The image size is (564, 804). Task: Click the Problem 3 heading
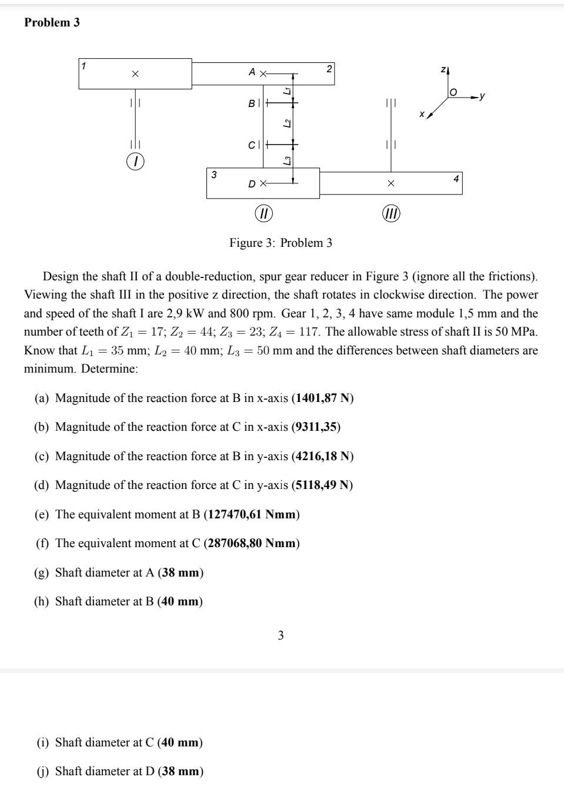tap(52, 22)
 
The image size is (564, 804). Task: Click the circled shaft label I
tap(135, 161)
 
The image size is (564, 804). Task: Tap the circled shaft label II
tap(263, 213)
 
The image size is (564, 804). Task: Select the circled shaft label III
tap(391, 213)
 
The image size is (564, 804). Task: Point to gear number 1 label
tap(84, 66)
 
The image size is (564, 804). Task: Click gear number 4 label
tap(456, 178)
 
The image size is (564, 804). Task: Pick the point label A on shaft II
tap(252, 72)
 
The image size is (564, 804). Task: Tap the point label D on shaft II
tap(252, 184)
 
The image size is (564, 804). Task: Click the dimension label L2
tap(286, 123)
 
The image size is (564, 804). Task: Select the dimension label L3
tap(286, 160)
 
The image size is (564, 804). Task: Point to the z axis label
tap(443, 70)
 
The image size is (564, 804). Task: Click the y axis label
tap(482, 95)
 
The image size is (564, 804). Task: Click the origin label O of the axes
tap(453, 93)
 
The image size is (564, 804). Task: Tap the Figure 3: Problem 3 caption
tap(281, 243)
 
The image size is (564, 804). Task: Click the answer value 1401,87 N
tap(322, 398)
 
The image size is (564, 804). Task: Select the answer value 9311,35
tap(316, 427)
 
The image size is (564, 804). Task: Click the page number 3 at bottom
tap(281, 635)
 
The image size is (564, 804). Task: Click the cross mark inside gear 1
tap(135, 74)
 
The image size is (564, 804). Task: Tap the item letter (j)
tap(44, 771)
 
